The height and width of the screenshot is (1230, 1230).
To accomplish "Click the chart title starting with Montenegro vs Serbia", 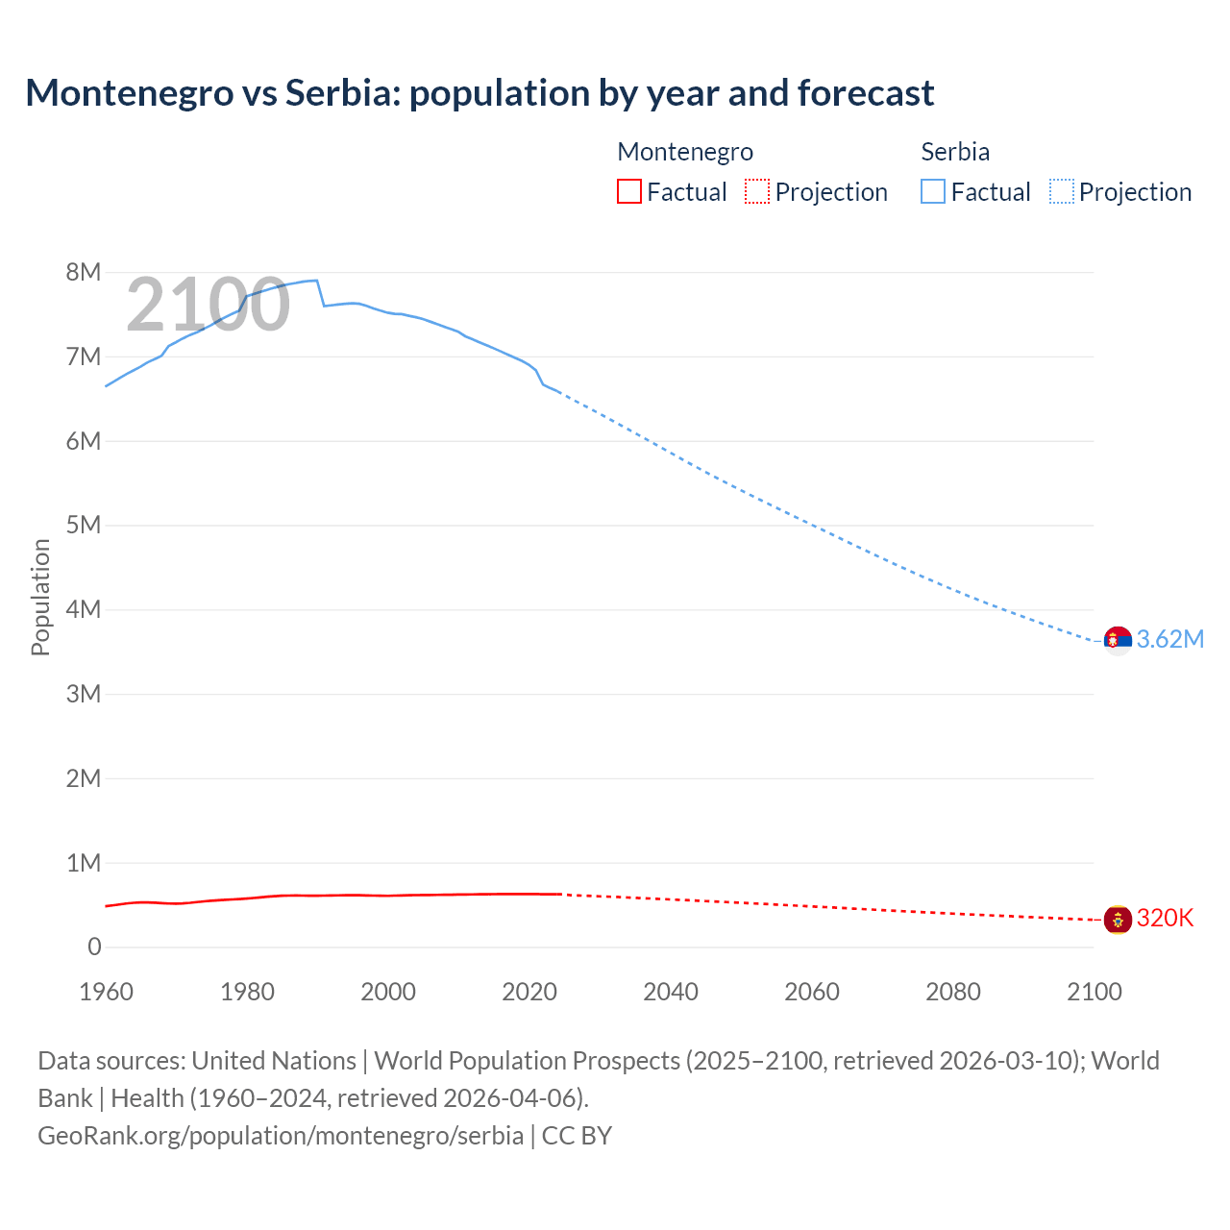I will tap(480, 93).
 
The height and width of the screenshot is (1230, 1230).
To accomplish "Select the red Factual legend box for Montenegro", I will tap(628, 192).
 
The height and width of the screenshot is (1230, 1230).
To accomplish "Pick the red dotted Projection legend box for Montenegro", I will tap(757, 192).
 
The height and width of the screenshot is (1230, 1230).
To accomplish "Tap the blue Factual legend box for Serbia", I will tap(933, 192).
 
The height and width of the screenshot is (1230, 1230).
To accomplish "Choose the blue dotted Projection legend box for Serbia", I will tap(1062, 192).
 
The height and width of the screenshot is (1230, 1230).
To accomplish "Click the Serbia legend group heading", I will tap(955, 152).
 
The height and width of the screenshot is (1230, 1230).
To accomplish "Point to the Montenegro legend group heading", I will tap(685, 152).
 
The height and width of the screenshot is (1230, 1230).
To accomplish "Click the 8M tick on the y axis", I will tap(84, 272).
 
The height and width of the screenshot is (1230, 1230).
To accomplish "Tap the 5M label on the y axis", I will tap(84, 525).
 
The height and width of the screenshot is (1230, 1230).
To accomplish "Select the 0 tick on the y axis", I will tap(94, 947).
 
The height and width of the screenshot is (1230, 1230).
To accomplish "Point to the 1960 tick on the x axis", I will tap(106, 992).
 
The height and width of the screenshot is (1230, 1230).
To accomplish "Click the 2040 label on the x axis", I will tap(671, 992).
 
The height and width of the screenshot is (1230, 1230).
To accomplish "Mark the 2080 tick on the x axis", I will tap(953, 992).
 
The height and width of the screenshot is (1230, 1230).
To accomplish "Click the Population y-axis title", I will tap(40, 597).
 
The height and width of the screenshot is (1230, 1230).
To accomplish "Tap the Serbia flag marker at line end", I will tap(1118, 639).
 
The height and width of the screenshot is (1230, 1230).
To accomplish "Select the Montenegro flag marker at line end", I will tap(1118, 920).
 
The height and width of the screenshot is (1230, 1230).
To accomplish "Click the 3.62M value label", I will tap(1170, 639).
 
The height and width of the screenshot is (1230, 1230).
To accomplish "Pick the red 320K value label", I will tap(1165, 918).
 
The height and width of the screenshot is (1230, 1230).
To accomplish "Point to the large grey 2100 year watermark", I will tap(209, 305).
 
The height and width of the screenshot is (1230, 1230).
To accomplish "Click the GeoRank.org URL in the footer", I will tap(281, 1135).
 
